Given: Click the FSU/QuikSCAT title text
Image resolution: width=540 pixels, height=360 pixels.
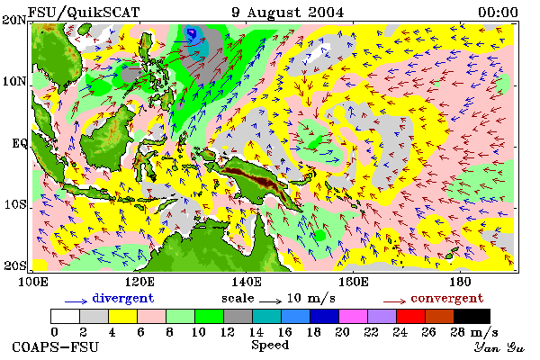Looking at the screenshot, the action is pyautogui.click(x=84, y=13).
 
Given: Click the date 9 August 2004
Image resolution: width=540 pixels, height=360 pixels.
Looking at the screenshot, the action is pyautogui.click(x=288, y=13).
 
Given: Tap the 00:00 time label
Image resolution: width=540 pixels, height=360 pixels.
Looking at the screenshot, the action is pyautogui.click(x=498, y=13).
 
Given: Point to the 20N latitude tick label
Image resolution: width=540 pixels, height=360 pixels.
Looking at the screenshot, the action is pyautogui.click(x=14, y=20).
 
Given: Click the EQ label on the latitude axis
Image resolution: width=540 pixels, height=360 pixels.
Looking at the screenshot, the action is pyautogui.click(x=19, y=143).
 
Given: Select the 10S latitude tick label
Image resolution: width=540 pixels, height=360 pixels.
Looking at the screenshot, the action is pyautogui.click(x=14, y=204).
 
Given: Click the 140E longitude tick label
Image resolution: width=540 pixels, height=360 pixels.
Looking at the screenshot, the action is pyautogui.click(x=246, y=282).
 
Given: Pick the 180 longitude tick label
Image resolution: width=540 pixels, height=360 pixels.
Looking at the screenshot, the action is pyautogui.click(x=460, y=282).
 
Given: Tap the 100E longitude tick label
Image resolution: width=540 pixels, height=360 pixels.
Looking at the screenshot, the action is pyautogui.click(x=32, y=282).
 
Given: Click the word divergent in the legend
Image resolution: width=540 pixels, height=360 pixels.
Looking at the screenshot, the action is pyautogui.click(x=123, y=298).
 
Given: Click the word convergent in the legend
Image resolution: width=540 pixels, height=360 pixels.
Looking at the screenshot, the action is pyautogui.click(x=447, y=298).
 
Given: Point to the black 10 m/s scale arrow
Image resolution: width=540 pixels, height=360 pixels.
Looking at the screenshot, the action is pyautogui.click(x=270, y=301).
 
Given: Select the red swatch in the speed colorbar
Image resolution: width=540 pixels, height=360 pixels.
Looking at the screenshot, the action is pyautogui.click(x=410, y=316).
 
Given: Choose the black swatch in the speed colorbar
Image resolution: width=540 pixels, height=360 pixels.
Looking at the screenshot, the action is pyautogui.click(x=472, y=316).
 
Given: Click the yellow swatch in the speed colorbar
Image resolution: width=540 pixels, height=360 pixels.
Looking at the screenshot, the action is pyautogui.click(x=122, y=316).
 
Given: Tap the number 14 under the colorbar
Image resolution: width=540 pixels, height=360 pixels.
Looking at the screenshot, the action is pyautogui.click(x=256, y=332).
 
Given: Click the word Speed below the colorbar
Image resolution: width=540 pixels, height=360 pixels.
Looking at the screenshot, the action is pyautogui.click(x=270, y=346).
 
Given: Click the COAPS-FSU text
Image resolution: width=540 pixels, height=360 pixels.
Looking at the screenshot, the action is pyautogui.click(x=56, y=346).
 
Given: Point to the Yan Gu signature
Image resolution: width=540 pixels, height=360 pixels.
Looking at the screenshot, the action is pyautogui.click(x=499, y=347).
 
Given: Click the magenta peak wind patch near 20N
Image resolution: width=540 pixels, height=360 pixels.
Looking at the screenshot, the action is pyautogui.click(x=191, y=33).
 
